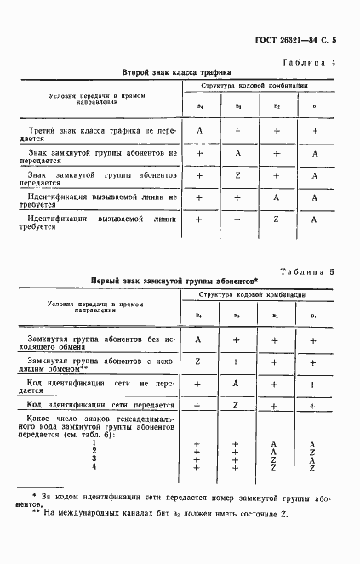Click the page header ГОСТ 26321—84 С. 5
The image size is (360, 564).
(296, 41)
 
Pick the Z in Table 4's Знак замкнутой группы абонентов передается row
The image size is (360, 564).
(238, 175)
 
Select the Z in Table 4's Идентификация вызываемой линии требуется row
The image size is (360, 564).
(276, 219)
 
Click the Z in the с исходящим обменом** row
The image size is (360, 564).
(198, 361)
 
